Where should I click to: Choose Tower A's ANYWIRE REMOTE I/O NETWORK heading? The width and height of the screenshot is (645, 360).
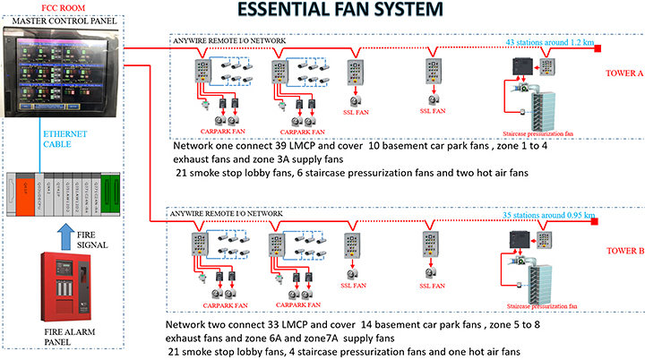[x=228, y=39]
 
